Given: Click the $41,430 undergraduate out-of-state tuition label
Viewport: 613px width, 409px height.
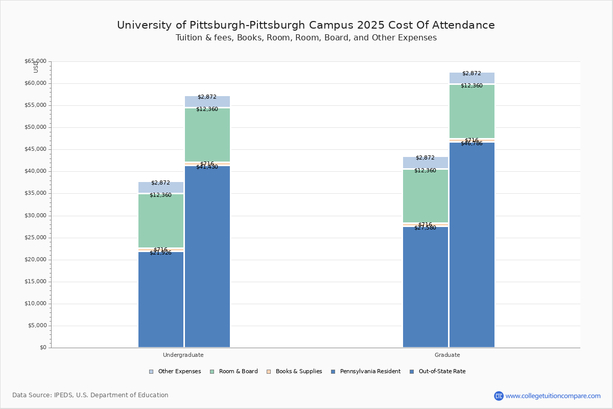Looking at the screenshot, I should click(207, 167).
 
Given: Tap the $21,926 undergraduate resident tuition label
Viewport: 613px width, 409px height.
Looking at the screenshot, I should click(160, 253).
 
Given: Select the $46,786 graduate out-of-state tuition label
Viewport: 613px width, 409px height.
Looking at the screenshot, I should click(471, 144).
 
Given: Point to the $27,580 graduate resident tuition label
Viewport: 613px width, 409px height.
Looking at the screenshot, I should click(425, 228).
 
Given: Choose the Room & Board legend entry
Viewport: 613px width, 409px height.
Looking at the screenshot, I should click(238, 372).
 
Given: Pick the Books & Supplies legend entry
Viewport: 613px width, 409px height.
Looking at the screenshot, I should click(298, 372).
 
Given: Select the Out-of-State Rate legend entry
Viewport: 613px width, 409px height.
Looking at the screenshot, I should click(441, 372).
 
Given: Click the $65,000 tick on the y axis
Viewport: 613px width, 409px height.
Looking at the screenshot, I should click(35, 61).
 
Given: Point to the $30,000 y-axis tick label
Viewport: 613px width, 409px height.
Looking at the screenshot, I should click(35, 216).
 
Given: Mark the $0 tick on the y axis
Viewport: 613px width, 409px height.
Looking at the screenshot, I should click(43, 348).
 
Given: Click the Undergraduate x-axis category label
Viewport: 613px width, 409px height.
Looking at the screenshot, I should click(183, 355).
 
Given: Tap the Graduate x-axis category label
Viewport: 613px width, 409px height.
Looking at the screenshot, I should click(447, 355).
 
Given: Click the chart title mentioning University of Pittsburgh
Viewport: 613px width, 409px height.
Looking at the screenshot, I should click(306, 25).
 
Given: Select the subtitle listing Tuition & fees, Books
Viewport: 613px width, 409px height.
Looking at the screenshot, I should click(306, 38).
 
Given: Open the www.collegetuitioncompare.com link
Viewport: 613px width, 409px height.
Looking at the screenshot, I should click(553, 396).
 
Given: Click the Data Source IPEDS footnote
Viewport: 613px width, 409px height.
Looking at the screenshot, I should click(90, 395).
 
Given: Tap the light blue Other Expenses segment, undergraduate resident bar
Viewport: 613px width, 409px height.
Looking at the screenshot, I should click(160, 187).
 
